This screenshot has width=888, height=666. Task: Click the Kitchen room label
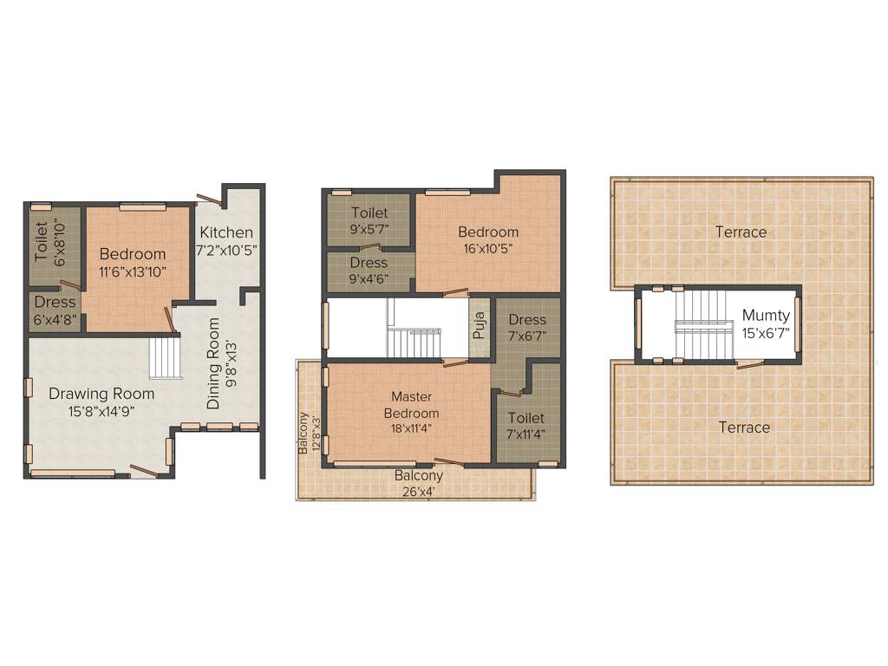(226, 232)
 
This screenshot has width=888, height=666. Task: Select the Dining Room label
(213, 363)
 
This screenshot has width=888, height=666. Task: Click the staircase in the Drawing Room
(166, 358)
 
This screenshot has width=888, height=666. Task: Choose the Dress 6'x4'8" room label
(55, 303)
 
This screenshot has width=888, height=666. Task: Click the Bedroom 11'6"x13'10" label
(133, 254)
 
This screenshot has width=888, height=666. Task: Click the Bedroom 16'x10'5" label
(488, 232)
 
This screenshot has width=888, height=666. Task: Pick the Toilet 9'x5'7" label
(369, 213)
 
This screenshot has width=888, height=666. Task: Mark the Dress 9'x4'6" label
(369, 263)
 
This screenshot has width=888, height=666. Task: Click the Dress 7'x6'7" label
(526, 320)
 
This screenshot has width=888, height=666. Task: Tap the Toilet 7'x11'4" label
(526, 418)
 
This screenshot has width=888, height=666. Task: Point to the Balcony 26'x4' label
(419, 476)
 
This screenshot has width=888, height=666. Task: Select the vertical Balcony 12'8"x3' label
(304, 434)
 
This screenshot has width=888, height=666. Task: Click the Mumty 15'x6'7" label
(766, 316)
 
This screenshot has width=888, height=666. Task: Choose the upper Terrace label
(741, 232)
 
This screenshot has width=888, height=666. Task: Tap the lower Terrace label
(744, 428)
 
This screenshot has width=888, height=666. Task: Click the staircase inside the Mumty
(699, 326)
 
